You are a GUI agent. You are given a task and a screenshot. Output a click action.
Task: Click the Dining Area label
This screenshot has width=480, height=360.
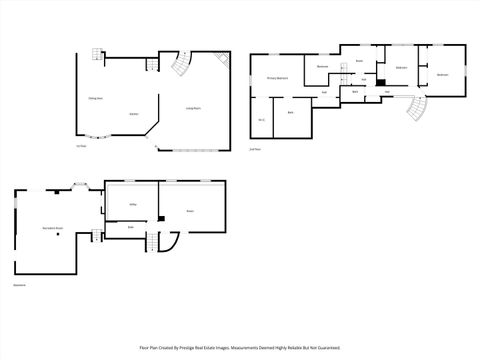tap(96, 98)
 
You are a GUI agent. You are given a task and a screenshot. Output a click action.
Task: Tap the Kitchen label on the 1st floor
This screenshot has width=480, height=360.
tap(133, 114)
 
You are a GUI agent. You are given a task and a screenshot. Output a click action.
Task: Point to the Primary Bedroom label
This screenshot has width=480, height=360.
tap(278, 78)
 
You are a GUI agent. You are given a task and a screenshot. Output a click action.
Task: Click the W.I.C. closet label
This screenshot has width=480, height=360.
tap(261, 120)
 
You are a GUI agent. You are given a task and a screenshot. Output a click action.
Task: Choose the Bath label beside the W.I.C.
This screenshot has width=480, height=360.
tap(290, 113)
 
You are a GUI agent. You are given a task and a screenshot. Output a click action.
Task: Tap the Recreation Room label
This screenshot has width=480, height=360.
tap(53, 229)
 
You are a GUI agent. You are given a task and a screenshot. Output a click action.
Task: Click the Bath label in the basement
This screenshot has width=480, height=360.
tap(130, 227)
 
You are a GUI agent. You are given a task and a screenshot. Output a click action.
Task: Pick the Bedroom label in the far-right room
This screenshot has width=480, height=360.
tap(442, 74)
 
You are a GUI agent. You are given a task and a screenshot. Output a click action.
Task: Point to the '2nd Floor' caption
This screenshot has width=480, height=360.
tap(255, 149)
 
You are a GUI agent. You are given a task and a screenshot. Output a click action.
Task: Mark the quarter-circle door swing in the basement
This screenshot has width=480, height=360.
tap(168, 242)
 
